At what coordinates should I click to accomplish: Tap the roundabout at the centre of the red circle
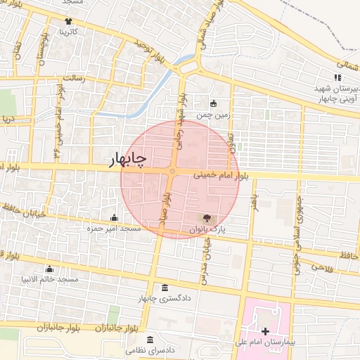tap(172, 171)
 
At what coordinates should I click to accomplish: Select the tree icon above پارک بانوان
tap(206, 218)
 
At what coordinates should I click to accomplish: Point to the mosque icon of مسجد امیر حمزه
tap(114, 217)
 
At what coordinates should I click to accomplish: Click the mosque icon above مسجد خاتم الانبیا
tap(49, 269)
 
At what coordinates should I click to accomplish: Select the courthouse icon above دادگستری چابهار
tap(165, 288)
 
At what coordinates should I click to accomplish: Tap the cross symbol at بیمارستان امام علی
tap(264, 331)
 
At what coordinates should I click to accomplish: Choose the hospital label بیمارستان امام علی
tap(264, 343)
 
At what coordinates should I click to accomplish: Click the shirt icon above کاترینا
tap(68, 21)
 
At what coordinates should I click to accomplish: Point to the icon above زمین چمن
tap(214, 103)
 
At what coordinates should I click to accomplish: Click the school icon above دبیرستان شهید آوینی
tap(335, 79)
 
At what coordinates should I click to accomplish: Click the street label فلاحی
tap(319, 268)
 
